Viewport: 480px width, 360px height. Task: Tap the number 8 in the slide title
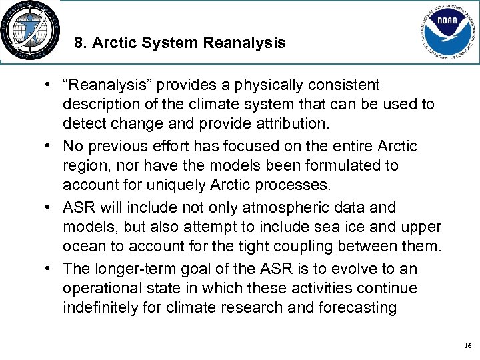pyautogui.click(x=79, y=43)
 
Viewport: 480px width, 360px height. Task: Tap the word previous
pyautogui.click(x=111, y=146)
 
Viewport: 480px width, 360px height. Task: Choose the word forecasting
pyautogui.click(x=361, y=308)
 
